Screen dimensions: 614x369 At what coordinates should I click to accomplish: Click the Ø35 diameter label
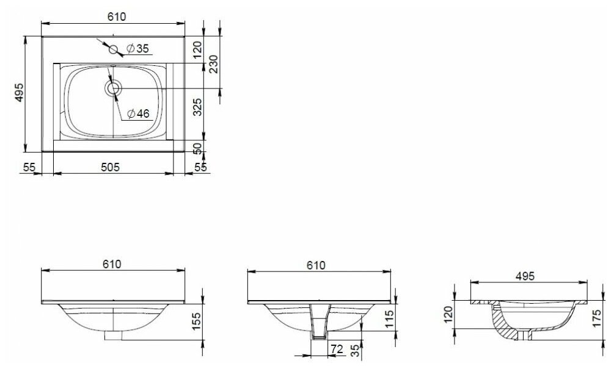point(137,49)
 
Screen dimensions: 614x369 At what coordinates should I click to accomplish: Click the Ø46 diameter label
point(138,113)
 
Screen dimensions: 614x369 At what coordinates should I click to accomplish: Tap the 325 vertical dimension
point(197,107)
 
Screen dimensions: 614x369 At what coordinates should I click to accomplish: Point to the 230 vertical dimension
point(213,63)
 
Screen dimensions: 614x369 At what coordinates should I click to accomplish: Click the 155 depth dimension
point(197,320)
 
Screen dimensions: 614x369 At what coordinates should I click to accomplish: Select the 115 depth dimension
point(389,318)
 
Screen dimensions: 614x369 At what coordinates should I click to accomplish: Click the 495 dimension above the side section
point(524,276)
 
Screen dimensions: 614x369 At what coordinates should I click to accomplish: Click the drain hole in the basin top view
point(112,88)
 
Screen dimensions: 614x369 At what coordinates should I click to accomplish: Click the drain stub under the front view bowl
point(114,335)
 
